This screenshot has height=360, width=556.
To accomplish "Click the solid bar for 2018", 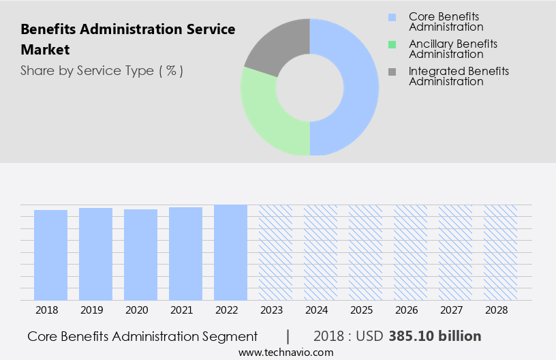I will (x=51, y=255).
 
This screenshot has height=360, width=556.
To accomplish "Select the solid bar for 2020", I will (x=141, y=254).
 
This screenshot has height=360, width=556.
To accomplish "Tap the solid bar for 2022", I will (x=230, y=252).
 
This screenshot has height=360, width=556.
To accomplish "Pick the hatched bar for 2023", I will (x=275, y=252).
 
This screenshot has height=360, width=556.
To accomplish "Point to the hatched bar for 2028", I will (x=500, y=252).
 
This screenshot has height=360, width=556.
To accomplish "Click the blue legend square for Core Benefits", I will (x=391, y=17).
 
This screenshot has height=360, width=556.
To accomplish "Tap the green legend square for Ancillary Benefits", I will (x=391, y=45).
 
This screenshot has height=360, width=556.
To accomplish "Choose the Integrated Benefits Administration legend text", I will (x=458, y=76).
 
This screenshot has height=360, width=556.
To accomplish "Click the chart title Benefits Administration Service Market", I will (x=127, y=40).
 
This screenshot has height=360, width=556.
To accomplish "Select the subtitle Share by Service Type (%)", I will (x=102, y=71).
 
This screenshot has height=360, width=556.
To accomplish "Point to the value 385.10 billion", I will (x=435, y=336).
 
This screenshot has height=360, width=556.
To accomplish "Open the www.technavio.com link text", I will (x=286, y=352).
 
